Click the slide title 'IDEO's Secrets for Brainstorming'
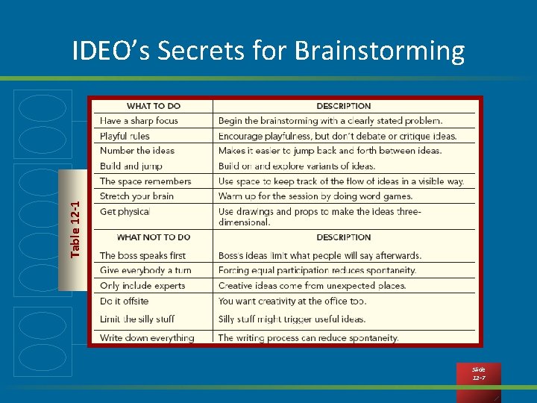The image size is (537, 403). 268,51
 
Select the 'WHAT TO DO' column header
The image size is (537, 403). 154,106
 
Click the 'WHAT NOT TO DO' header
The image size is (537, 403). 154,237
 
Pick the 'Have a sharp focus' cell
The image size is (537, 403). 139,121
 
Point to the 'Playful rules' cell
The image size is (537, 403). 125,136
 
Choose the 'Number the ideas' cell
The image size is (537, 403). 137,151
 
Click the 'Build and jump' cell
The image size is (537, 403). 131,166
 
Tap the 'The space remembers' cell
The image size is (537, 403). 145,181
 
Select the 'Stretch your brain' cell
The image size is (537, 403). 136,196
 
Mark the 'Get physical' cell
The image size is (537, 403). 125,212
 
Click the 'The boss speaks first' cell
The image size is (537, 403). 142,255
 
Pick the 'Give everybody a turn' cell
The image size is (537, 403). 145,270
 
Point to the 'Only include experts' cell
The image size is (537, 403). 142,286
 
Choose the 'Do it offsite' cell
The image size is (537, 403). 124,301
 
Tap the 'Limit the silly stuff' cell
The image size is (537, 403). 137,319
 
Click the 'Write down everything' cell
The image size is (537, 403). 147,337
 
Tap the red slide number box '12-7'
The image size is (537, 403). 479,374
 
